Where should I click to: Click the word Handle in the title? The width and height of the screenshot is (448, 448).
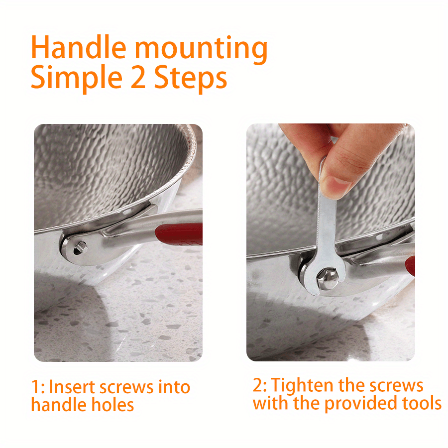(78, 47)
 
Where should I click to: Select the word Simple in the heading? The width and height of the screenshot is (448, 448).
(77, 78)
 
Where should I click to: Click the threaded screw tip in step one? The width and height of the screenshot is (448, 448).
(83, 246)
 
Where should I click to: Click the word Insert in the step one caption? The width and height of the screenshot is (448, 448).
(72, 387)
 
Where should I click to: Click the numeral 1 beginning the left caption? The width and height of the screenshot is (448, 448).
(35, 387)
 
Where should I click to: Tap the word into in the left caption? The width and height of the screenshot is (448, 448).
(174, 387)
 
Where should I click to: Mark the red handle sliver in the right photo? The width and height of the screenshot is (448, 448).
(410, 266)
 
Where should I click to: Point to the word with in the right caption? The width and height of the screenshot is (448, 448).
(270, 403)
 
